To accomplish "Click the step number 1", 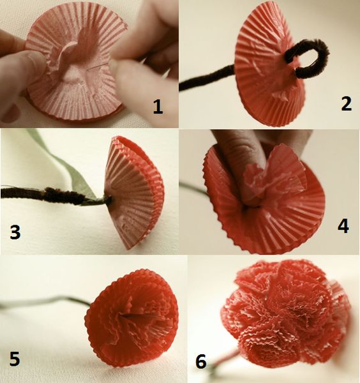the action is (158, 108).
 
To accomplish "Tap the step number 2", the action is (346, 104).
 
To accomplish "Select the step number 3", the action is (15, 232).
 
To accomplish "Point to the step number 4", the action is (343, 227).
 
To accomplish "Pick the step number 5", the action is (15, 359).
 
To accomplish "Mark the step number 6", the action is (201, 361).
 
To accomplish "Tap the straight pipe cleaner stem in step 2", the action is (206, 78).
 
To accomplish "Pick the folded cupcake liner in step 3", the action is (133, 193).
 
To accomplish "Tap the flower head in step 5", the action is (131, 317).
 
